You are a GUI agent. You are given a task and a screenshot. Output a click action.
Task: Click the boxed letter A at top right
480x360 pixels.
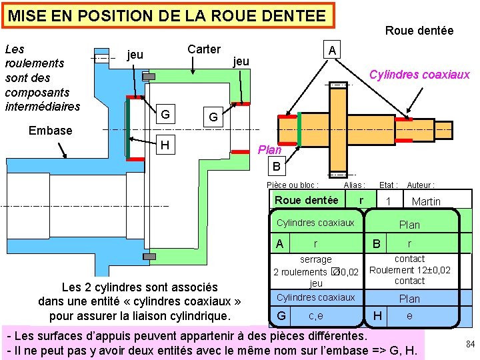(332, 51)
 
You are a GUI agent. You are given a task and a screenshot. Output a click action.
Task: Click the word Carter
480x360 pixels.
(203, 49)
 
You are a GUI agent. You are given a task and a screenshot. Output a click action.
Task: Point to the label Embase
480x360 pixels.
(50, 131)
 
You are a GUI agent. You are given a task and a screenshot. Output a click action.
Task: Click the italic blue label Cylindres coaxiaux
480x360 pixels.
(419, 75)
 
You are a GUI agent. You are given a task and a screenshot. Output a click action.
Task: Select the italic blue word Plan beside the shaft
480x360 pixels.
(270, 150)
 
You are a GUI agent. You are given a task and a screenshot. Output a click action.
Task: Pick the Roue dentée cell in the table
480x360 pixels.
(306, 200)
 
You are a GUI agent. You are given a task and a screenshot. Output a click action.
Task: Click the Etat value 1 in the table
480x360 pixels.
(387, 201)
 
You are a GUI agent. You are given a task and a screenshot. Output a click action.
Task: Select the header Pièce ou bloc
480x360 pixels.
(292, 185)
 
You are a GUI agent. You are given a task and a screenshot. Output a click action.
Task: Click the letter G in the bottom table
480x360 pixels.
(282, 315)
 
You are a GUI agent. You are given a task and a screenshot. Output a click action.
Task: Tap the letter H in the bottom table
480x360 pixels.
(378, 315)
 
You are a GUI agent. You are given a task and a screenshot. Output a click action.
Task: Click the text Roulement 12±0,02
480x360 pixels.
(409, 270)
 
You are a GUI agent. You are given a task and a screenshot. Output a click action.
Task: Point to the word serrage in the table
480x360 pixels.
(315, 259)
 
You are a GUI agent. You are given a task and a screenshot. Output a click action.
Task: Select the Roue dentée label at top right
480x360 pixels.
(419, 31)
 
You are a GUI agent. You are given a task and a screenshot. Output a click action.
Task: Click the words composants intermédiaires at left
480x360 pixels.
(42, 99)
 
